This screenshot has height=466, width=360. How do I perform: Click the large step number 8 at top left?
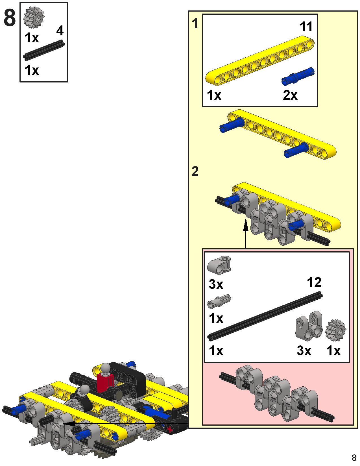pos(10,18)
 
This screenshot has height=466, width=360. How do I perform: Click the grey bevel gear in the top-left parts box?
pos(34,17)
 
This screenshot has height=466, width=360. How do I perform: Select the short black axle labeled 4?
pos(44,50)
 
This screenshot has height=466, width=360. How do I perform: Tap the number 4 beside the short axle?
pos(60,31)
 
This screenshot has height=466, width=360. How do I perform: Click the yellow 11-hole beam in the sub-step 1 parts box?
pos(260,60)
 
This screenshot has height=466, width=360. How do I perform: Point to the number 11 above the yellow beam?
pos(306,27)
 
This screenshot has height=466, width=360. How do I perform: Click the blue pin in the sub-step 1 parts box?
pos(298,76)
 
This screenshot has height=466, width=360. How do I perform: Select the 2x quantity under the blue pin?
pos(290,95)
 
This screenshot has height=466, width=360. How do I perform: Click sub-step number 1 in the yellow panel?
pos(195,23)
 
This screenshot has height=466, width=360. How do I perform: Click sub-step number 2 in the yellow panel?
pos(195,171)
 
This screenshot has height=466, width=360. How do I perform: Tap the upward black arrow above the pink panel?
pos(246,232)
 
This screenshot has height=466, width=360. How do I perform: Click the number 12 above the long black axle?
pos(314,282)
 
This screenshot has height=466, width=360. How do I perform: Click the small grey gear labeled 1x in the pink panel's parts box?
pos(335,329)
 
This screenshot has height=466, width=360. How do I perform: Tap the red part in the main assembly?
pos(105,383)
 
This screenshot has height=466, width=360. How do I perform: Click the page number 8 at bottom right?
pos(354,457)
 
